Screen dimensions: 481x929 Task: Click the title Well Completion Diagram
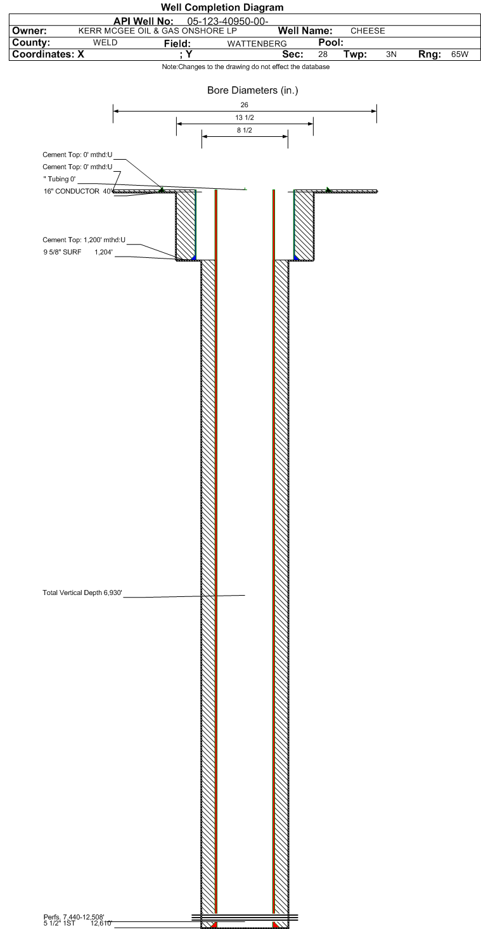(x=222, y=8)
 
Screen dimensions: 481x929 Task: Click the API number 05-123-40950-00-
(x=228, y=22)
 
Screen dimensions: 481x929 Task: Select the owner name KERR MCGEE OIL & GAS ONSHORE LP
(x=158, y=30)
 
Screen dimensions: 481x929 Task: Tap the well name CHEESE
(x=368, y=30)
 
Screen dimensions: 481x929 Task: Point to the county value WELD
(x=105, y=42)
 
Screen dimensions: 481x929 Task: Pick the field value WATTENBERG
(x=257, y=44)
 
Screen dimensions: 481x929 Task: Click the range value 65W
(x=460, y=54)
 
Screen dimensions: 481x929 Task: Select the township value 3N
(x=391, y=54)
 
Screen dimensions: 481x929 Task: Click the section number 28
(x=323, y=54)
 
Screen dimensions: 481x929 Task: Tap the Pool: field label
(x=331, y=42)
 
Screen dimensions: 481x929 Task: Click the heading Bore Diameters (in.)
(x=252, y=91)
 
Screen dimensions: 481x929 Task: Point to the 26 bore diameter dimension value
(x=244, y=105)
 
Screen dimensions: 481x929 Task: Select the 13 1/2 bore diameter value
(x=245, y=118)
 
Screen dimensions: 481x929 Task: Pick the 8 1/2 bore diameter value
(x=245, y=131)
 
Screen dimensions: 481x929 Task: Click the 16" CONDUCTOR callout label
(x=72, y=191)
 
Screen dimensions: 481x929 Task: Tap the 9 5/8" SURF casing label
(x=62, y=252)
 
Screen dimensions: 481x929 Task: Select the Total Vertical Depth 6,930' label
(x=82, y=593)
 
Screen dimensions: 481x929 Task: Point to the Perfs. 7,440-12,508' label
(x=74, y=917)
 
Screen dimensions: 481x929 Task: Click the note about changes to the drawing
(x=245, y=67)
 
